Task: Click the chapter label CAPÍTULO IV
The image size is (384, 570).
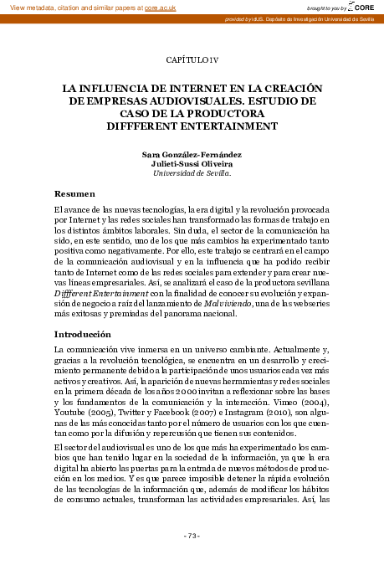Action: pyautogui.click(x=192, y=59)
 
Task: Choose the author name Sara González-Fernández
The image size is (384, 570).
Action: pyautogui.click(x=192, y=155)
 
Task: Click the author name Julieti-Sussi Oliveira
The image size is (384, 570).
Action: pyautogui.click(x=192, y=164)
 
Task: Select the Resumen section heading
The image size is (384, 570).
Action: pyautogui.click(x=74, y=193)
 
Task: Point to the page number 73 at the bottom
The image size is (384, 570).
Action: pyautogui.click(x=192, y=536)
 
